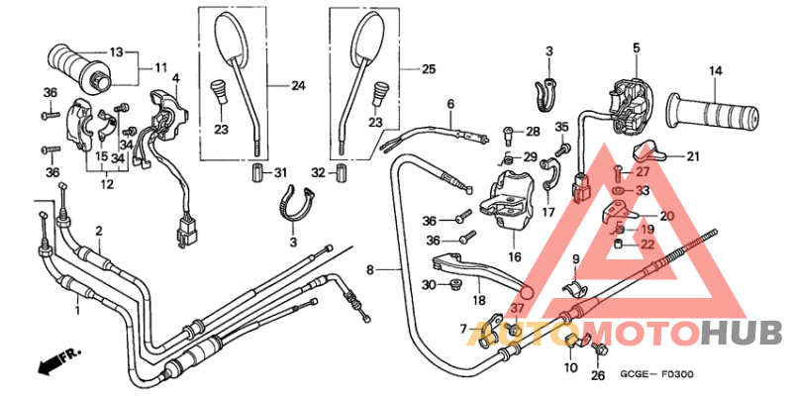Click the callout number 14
tap(715, 70)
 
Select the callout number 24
tap(298, 86)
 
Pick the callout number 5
tap(637, 47)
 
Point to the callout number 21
tap(693, 155)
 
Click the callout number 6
tap(449, 104)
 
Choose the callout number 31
tap(279, 174)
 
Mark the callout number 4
tap(175, 77)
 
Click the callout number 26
tap(597, 376)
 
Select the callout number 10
tap(570, 368)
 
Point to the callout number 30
tap(428, 285)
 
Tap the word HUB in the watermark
tap(742, 334)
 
